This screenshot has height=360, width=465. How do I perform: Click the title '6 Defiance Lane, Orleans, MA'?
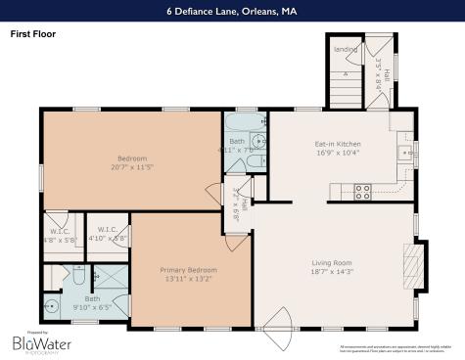click(232, 12)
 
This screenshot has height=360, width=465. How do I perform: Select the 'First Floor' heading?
click(32, 32)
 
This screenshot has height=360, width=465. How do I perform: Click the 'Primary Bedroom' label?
click(188, 269)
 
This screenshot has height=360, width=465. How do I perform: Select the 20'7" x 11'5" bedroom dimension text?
click(131, 167)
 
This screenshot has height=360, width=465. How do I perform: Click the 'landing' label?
click(344, 49)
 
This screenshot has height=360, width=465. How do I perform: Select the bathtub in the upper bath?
click(241, 124)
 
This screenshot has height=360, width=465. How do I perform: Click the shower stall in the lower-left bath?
click(110, 281)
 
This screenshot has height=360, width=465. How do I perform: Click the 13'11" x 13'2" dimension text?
click(188, 280)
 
